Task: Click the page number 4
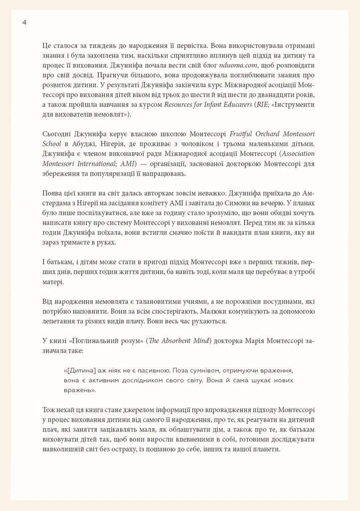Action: (24, 21)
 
